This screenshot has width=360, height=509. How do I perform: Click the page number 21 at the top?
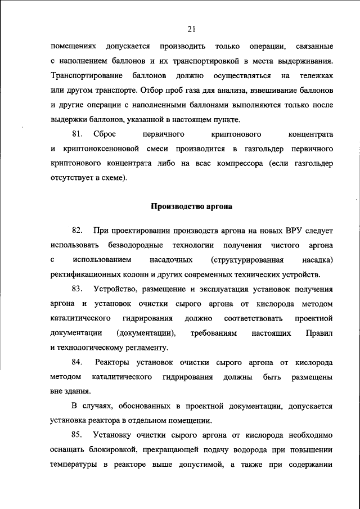pyautogui.click(x=191, y=29)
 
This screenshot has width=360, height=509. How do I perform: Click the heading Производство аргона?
pyautogui.click(x=191, y=206)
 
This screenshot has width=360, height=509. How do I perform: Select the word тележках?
pyautogui.click(x=314, y=75)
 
